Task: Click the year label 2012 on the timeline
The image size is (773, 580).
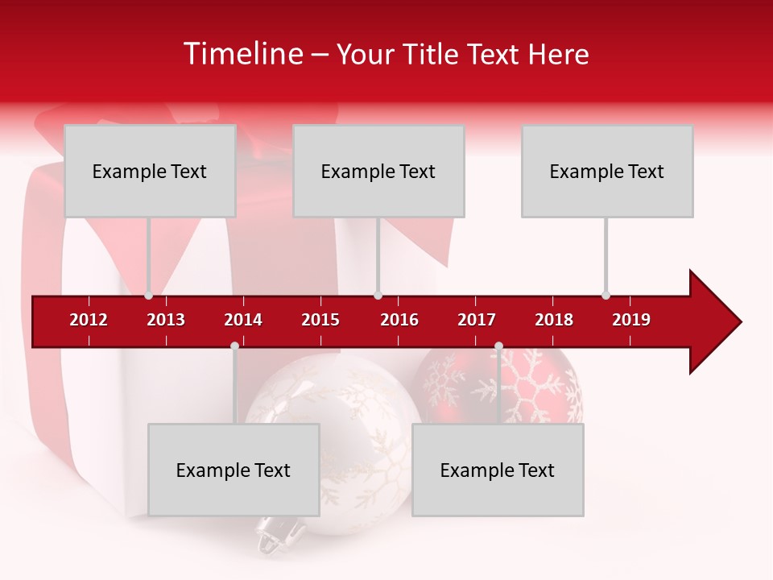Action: (x=89, y=320)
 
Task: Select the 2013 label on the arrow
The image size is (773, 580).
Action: (x=166, y=320)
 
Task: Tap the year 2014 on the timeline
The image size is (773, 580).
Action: (x=243, y=320)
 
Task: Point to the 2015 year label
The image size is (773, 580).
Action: (x=320, y=320)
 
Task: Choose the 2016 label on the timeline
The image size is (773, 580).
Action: (x=399, y=320)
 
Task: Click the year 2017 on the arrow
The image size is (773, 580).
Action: (x=477, y=320)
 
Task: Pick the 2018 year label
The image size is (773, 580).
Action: (x=554, y=320)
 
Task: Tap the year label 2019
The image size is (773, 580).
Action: (x=631, y=320)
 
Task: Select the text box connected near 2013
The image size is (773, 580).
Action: (x=150, y=171)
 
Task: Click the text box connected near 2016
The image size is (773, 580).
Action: (x=378, y=171)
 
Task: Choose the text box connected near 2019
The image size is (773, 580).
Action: (x=607, y=171)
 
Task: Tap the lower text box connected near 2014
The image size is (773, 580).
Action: (x=234, y=470)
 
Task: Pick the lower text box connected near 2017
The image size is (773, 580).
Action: (x=498, y=470)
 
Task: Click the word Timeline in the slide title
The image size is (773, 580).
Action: (x=241, y=54)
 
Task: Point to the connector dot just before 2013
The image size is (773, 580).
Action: (x=148, y=296)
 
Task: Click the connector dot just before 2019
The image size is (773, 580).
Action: (x=606, y=295)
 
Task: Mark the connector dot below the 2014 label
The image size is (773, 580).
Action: (x=234, y=346)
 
